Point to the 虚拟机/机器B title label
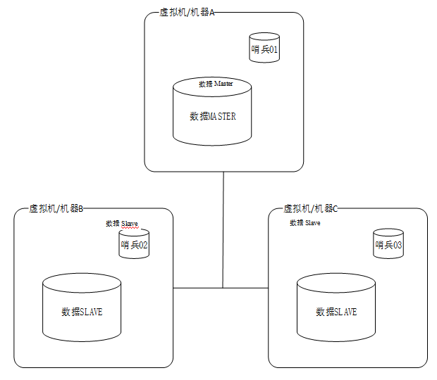[56, 209]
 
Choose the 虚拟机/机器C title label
[311, 209]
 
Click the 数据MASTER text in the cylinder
[213, 117]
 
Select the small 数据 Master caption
[216, 84]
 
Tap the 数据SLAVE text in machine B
[82, 312]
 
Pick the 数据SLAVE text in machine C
[336, 312]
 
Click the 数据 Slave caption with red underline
[122, 224]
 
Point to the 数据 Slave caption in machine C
[305, 222]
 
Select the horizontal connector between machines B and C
[197, 288]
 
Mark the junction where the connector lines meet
[223, 288]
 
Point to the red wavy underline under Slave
[130, 227]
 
